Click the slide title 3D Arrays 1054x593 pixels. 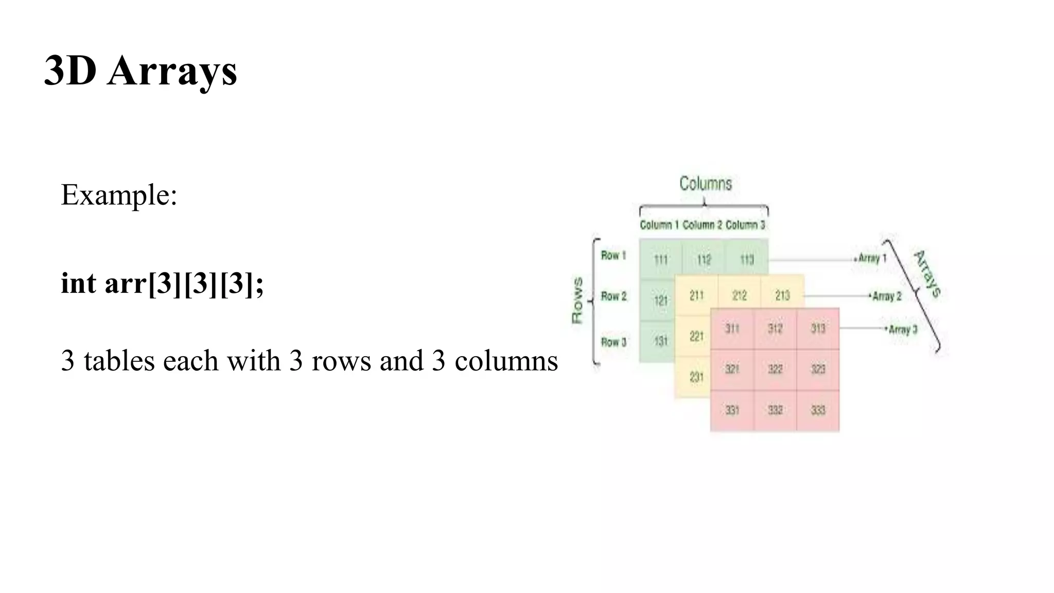click(x=140, y=71)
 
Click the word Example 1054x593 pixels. click(x=118, y=195)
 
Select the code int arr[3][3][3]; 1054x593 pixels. click(x=162, y=283)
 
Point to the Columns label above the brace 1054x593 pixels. click(x=705, y=183)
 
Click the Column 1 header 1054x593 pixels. click(x=659, y=225)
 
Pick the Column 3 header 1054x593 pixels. click(x=745, y=225)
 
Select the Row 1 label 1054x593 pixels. click(x=613, y=255)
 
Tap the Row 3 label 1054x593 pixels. click(x=613, y=342)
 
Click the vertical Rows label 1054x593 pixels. click(x=577, y=301)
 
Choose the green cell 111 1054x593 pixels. click(x=661, y=259)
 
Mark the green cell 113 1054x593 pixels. click(x=747, y=259)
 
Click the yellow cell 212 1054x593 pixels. click(x=740, y=295)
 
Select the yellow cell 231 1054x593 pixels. click(x=696, y=377)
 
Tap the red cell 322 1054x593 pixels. click(x=775, y=369)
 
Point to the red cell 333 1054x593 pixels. click(x=818, y=410)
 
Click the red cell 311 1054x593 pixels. click(x=732, y=328)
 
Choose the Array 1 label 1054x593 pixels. click(x=872, y=258)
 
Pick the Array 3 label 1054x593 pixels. click(x=903, y=329)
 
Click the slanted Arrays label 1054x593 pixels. click(x=927, y=273)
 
